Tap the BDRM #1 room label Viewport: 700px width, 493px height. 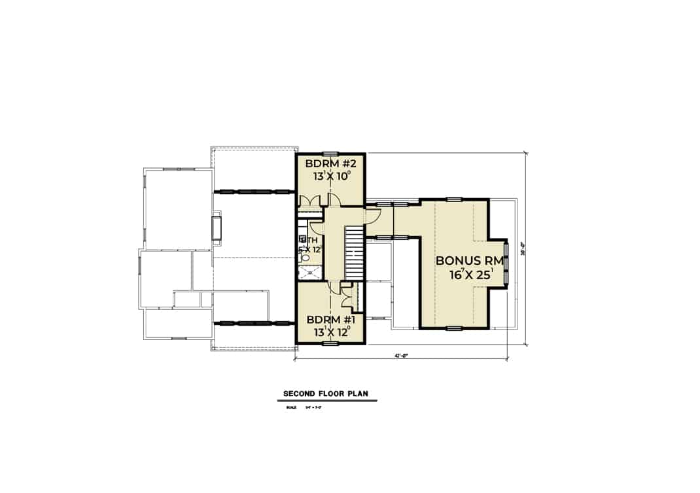[330, 320]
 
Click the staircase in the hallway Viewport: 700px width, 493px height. [353, 252]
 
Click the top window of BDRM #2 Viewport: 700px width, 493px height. [331, 154]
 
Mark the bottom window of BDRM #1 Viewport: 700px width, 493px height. [331, 343]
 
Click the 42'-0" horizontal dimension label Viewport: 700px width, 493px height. [401, 356]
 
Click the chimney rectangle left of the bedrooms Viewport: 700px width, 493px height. [216, 229]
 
